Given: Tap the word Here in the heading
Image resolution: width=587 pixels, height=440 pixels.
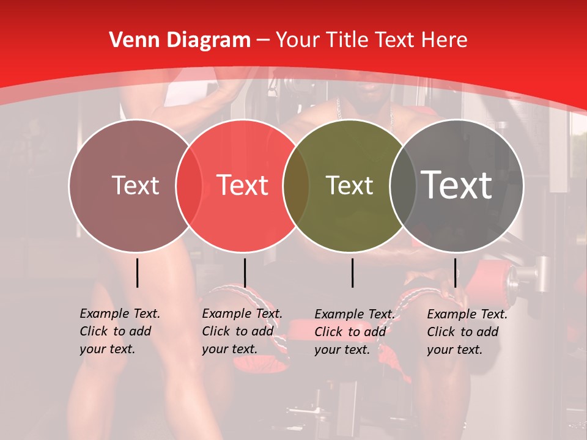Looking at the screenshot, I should point(445,40).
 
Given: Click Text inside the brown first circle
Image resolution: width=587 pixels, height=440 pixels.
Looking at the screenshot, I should point(135,185).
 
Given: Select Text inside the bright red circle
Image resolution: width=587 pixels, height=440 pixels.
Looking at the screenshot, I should point(242,185).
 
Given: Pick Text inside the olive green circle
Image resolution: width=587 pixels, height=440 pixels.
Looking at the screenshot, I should point(349,185).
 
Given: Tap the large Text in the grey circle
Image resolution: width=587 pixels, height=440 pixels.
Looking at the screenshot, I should point(457,185).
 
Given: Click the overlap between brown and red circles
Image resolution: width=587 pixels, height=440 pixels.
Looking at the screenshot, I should point(189,185).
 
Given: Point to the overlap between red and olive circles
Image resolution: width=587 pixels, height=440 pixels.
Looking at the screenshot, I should point(296,185).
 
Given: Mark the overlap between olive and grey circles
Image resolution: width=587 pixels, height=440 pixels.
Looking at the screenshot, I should point(401,185).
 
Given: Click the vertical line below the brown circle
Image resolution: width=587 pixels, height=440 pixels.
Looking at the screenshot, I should point(137,273).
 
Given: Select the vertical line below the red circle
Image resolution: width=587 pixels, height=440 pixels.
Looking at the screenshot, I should point(245,273).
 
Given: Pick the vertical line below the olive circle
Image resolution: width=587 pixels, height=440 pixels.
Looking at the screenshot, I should point(353,273).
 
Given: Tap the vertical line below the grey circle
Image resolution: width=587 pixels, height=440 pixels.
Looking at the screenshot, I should point(455,273).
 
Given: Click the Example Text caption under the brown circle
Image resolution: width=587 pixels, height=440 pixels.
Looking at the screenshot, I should point(120,331).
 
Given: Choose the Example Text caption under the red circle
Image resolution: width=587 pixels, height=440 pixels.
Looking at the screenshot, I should point(242,331).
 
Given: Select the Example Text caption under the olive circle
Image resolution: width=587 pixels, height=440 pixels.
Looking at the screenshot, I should point(354,332).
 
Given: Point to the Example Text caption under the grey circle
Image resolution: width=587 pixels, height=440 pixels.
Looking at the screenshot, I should point(467,332).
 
